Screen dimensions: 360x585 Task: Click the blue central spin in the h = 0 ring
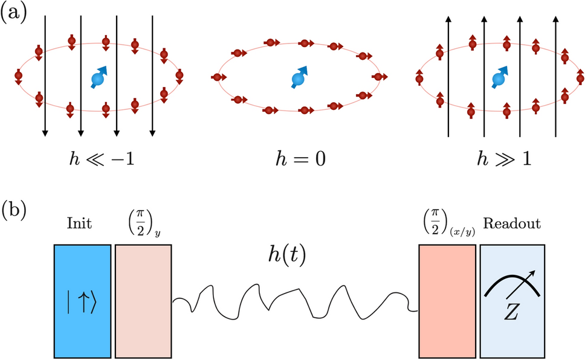click(297, 78)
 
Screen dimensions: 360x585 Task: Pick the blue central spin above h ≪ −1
click(98, 78)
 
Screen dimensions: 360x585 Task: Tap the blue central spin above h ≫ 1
click(499, 78)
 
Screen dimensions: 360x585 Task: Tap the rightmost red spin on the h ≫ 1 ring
click(579, 77)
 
